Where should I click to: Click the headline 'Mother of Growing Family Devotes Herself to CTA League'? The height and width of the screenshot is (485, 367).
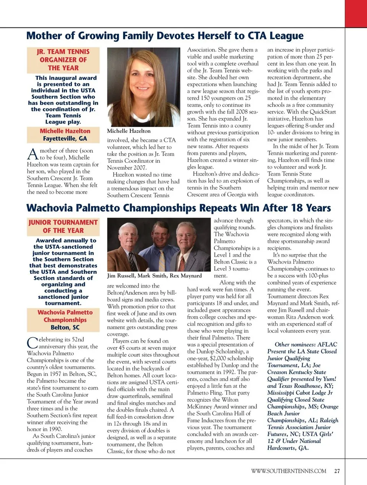click(x=165, y=36)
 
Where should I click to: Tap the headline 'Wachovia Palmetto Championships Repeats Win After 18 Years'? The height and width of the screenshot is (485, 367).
click(x=179, y=208)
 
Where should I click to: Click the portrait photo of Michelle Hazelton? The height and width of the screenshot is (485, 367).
click(x=143, y=87)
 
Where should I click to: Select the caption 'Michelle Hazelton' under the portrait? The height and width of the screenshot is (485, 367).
click(x=129, y=131)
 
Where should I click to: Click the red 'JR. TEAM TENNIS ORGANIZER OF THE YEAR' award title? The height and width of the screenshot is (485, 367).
click(x=63, y=60)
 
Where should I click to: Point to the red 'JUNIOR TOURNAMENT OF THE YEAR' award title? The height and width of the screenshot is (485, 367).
click(x=63, y=226)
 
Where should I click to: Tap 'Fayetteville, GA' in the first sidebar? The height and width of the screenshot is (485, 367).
click(x=65, y=139)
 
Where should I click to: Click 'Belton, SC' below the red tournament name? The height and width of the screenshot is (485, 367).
click(x=65, y=327)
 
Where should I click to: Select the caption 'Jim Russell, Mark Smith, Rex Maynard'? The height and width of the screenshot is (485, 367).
click(x=154, y=276)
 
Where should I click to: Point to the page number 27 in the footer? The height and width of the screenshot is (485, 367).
click(x=337, y=471)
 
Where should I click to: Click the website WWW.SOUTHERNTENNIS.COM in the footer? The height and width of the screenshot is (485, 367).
click(x=289, y=471)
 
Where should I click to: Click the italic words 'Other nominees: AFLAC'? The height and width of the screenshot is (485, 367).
click(x=306, y=344)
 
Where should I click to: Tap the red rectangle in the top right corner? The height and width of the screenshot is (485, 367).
click(x=356, y=13)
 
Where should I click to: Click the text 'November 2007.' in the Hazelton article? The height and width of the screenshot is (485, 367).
click(x=127, y=168)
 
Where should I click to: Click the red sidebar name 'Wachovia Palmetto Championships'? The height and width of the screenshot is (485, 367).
click(x=65, y=316)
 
